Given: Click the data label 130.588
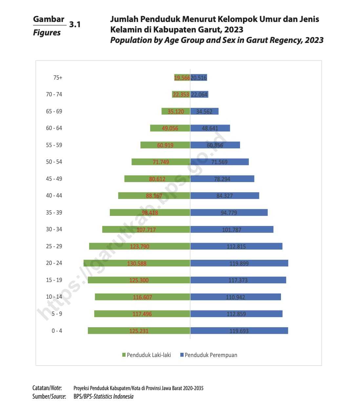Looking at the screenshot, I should (x=137, y=263).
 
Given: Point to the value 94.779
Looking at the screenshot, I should (x=229, y=213).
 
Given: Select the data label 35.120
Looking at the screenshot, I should (x=176, y=111).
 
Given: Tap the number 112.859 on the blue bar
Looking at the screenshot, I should (x=236, y=314).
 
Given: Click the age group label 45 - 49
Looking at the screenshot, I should (x=54, y=179).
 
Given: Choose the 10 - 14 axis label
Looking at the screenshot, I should (x=54, y=297).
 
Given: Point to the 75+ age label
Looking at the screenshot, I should (x=58, y=78).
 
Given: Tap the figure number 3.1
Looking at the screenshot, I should (x=75, y=25).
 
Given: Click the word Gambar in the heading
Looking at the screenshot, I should (x=49, y=19).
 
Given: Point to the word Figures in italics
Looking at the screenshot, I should (x=47, y=33).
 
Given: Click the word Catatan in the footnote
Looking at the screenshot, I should (x=41, y=388).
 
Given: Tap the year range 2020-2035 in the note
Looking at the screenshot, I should (x=193, y=388).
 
